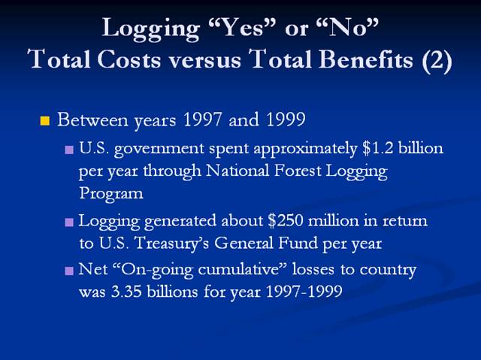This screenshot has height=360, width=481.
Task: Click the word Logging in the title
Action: [x=151, y=29]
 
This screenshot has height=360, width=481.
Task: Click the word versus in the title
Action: [x=205, y=60]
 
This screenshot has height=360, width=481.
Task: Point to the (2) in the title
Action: [x=437, y=60]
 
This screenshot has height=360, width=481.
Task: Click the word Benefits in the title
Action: [x=366, y=59]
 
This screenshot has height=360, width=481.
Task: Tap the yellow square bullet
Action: [x=45, y=121]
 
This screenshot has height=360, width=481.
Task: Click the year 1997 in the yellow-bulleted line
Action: [x=202, y=119]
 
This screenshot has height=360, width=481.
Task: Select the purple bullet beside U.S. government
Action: [x=69, y=150]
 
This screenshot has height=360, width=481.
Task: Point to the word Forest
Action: [x=298, y=171]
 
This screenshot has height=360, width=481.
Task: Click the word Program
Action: [x=111, y=194]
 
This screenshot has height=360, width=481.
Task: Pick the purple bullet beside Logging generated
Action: [x=69, y=222]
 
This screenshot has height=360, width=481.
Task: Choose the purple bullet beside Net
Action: [x=69, y=271]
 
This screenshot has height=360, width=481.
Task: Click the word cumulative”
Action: [x=242, y=269]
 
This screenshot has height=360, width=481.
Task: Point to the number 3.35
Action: [x=126, y=292]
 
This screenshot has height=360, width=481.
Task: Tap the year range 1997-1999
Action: [x=304, y=291]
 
